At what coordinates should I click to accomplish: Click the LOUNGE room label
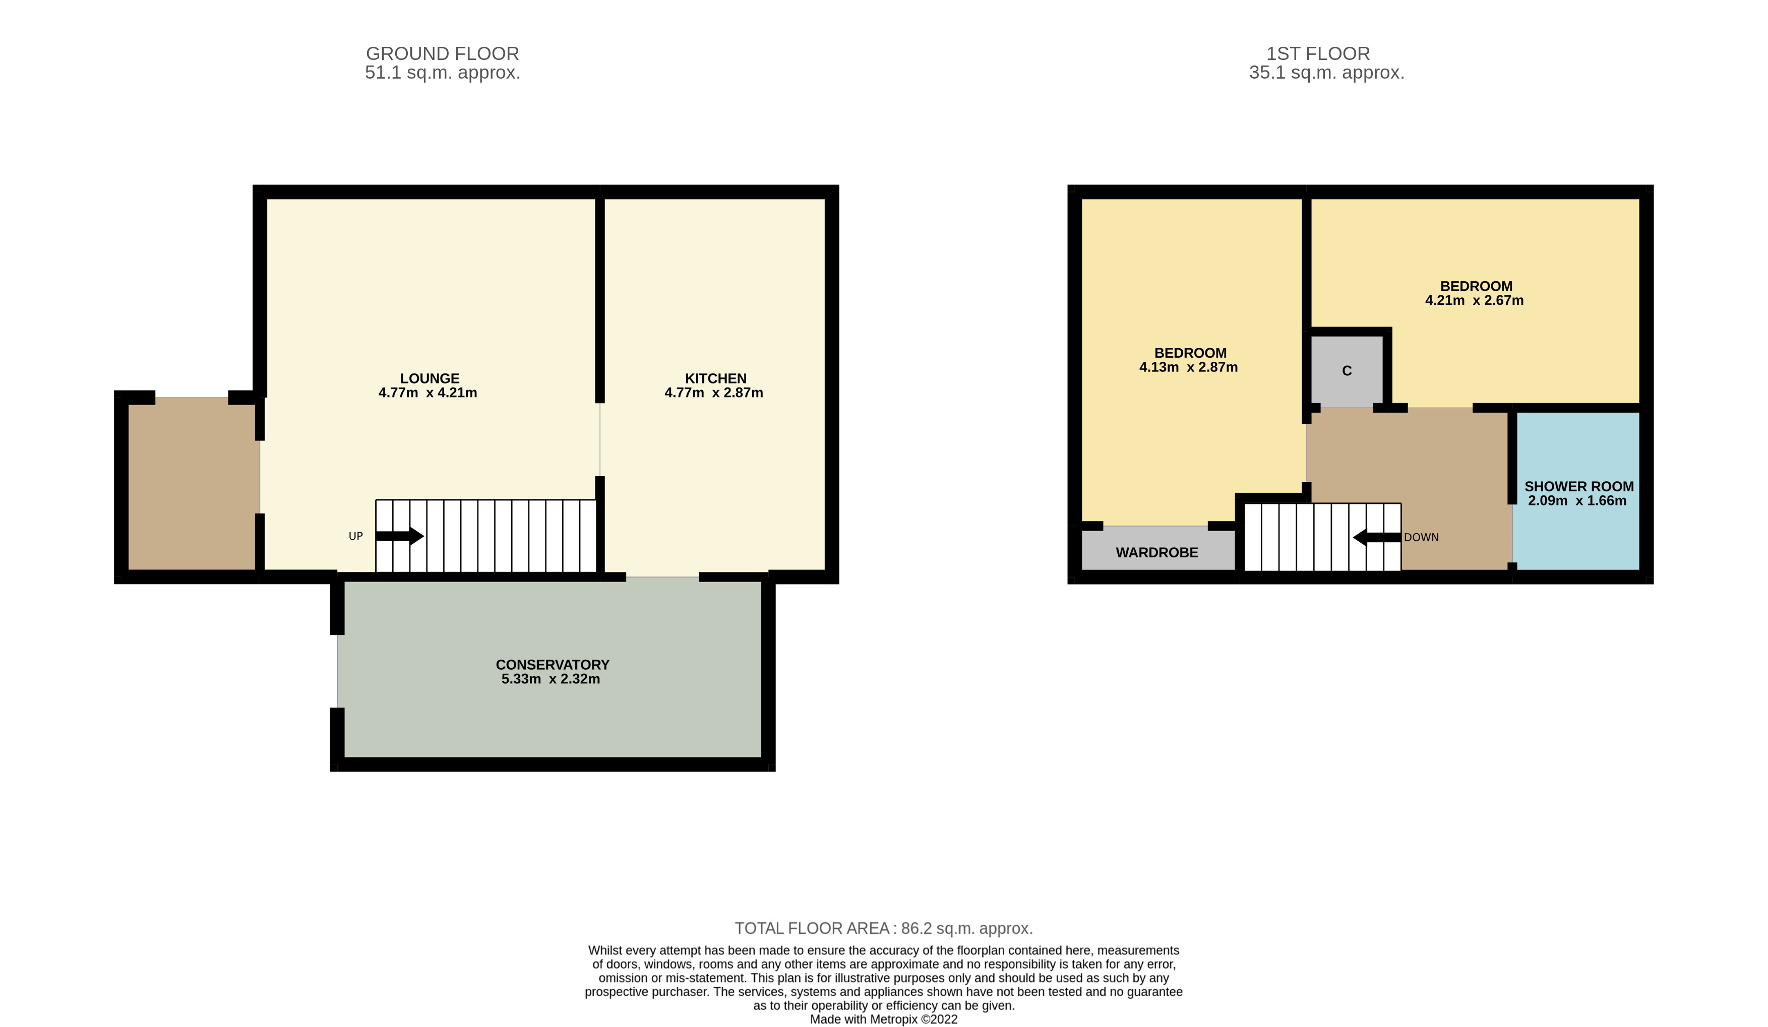tap(430, 379)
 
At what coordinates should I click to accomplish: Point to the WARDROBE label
tap(1157, 553)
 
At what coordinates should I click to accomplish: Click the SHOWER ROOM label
tap(1578, 487)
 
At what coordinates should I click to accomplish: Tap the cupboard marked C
tap(1347, 371)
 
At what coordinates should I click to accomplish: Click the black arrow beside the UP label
tap(399, 537)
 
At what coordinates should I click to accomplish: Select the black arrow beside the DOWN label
tap(1376, 537)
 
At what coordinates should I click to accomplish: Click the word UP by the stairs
tap(356, 537)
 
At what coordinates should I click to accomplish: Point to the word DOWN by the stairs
tap(1422, 537)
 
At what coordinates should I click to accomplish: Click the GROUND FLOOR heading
tap(442, 54)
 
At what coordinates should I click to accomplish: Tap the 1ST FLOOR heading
tap(1318, 54)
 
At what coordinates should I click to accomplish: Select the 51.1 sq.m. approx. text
tap(442, 73)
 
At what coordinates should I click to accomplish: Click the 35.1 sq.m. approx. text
tap(1326, 73)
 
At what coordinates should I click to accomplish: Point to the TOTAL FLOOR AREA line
tap(883, 929)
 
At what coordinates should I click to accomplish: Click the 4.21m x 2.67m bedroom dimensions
tap(1474, 301)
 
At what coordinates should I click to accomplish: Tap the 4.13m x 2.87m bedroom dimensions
tap(1188, 367)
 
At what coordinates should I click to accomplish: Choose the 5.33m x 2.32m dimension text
tap(551, 679)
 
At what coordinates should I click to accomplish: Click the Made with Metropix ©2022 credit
tap(883, 1019)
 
